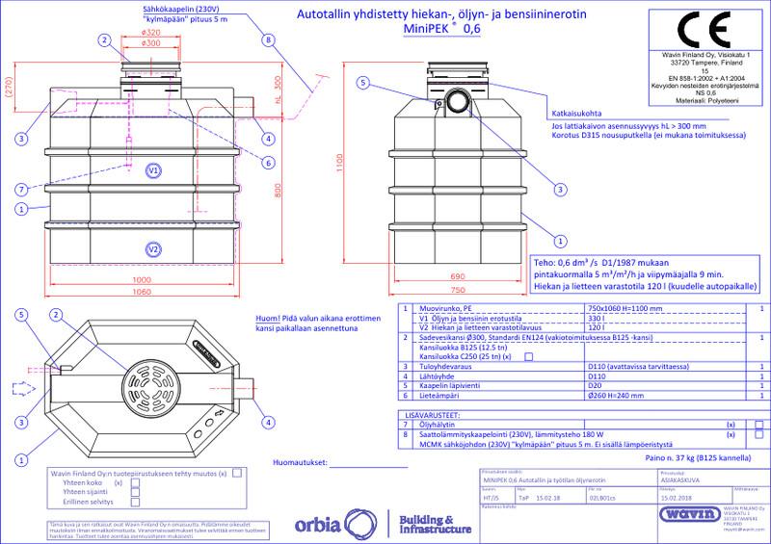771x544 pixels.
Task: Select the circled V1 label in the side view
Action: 152,170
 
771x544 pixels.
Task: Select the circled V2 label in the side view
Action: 152,249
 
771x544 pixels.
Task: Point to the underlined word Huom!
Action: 267,321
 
